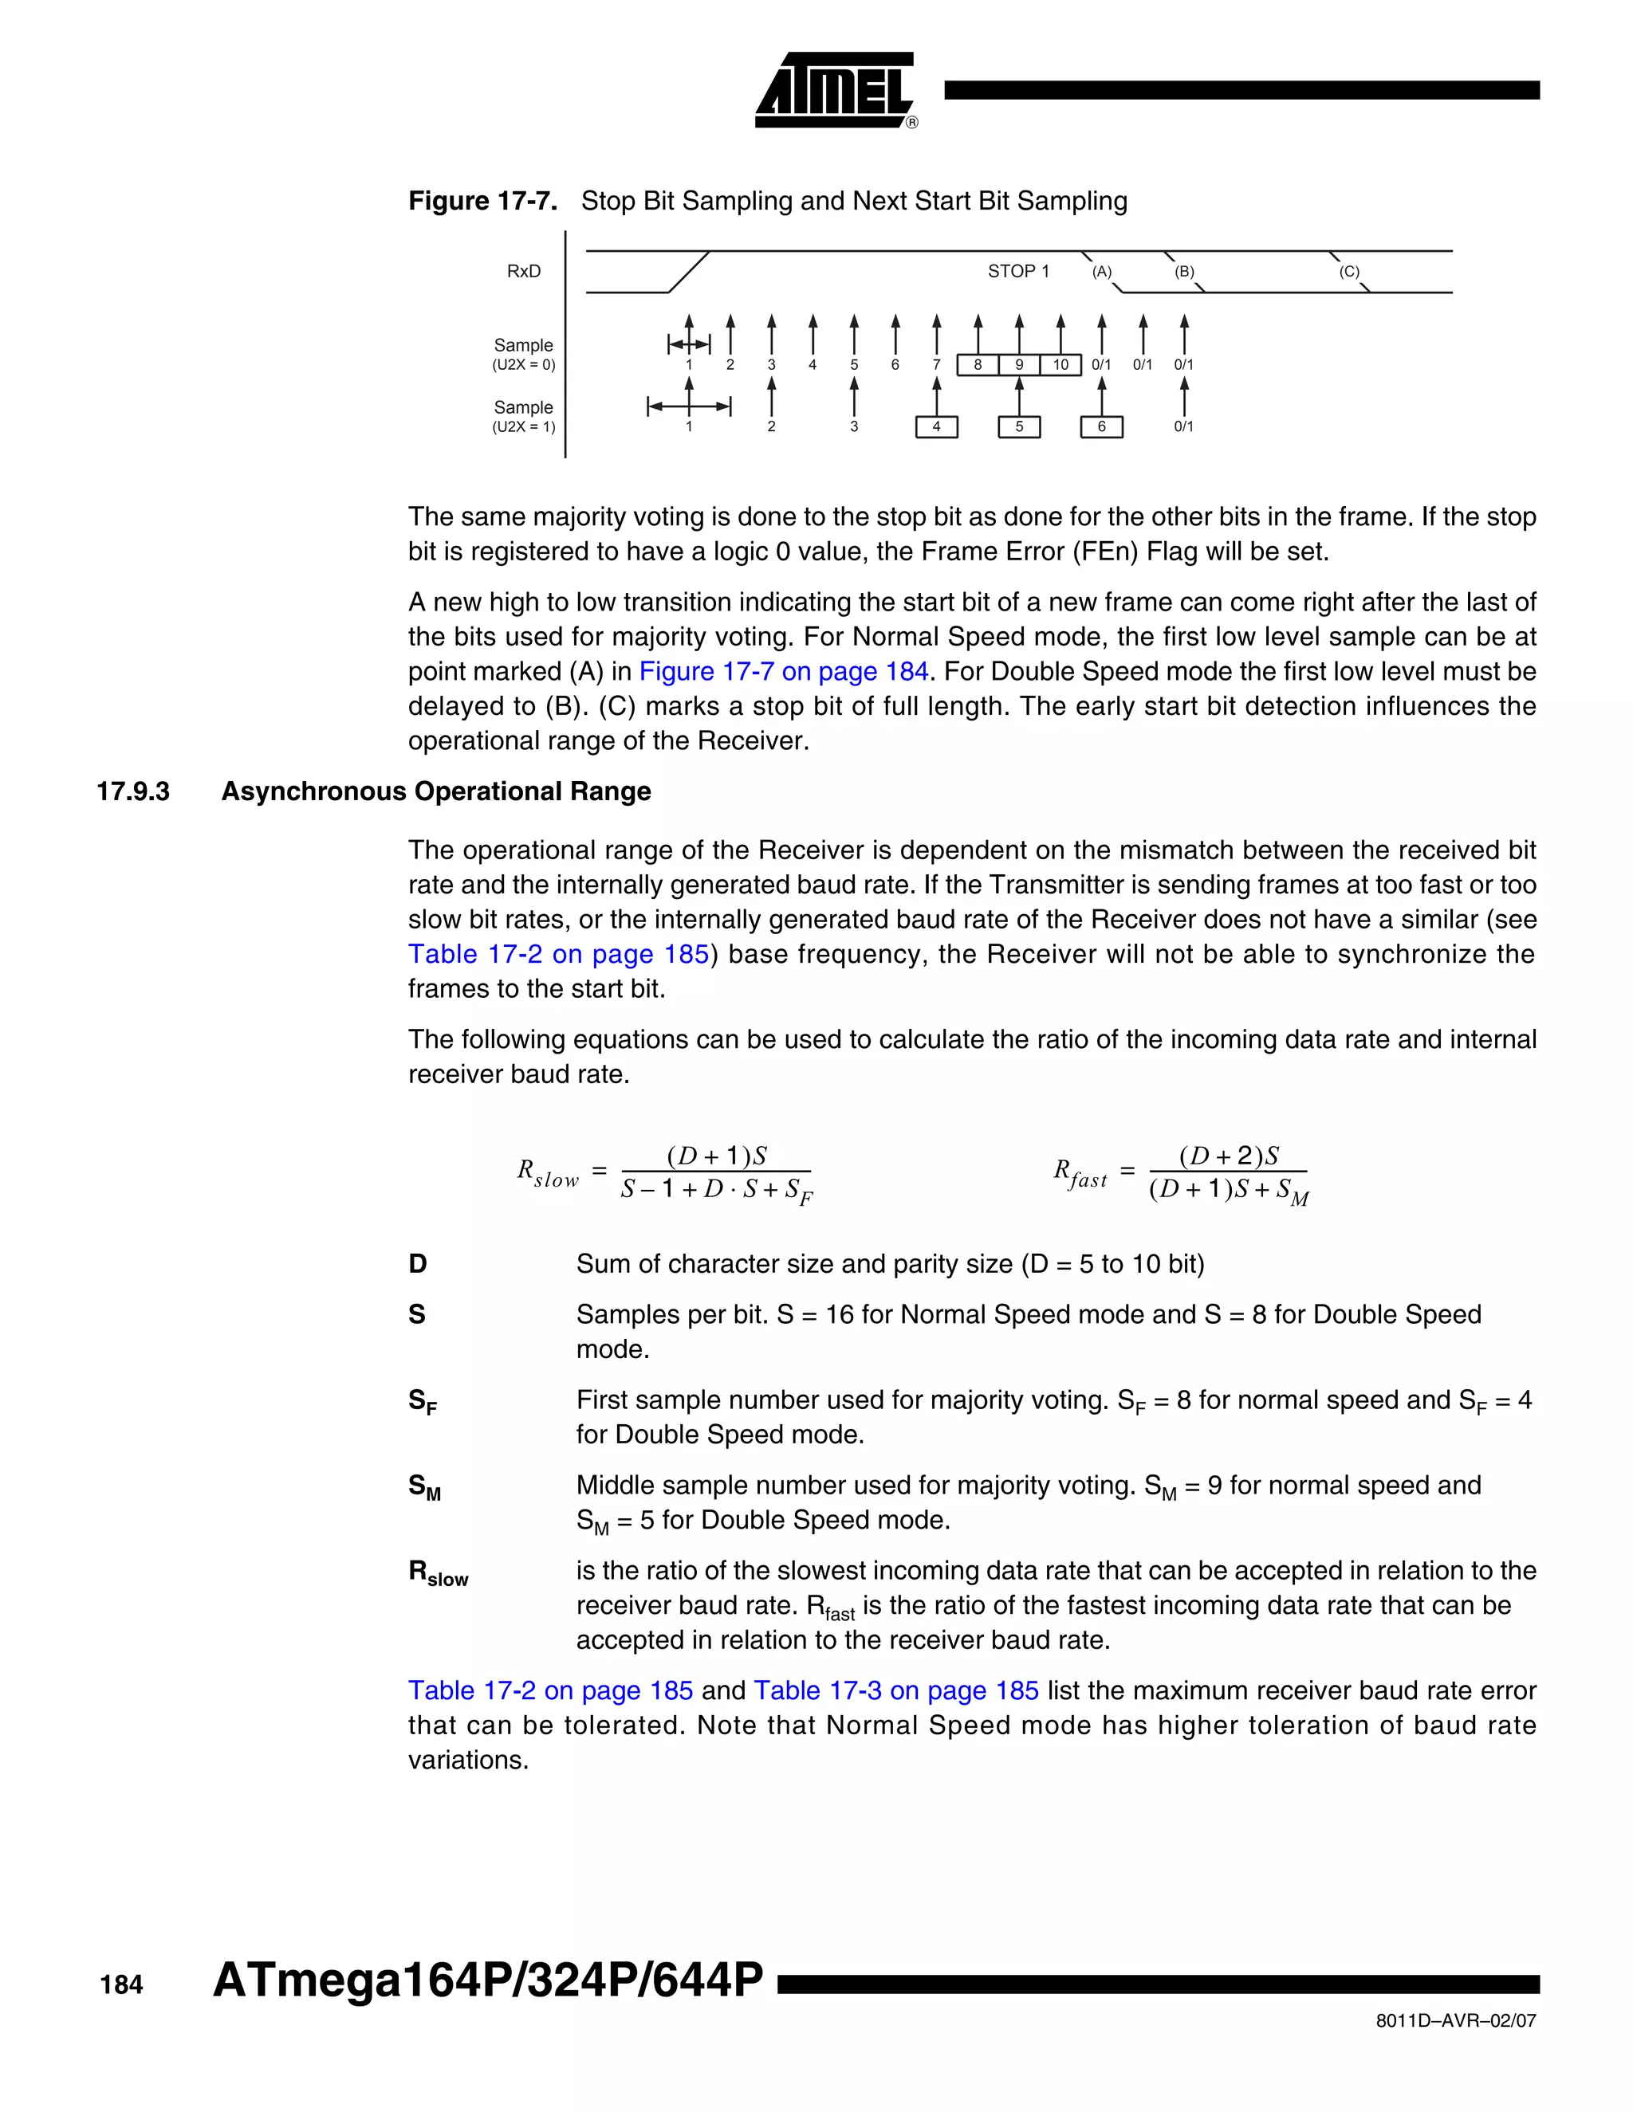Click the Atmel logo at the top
[x=834, y=90]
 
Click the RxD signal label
[x=523, y=272]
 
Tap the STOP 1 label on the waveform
[x=1017, y=272]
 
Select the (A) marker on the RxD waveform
[x=1102, y=273]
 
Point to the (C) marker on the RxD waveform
[x=1348, y=273]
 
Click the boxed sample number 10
[x=1060, y=364]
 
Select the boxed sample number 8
[x=978, y=364]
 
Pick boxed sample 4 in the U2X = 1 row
[x=935, y=426]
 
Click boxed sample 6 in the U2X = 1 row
[x=1101, y=426]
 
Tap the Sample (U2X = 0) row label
[x=523, y=354]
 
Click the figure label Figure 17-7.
[x=482, y=201]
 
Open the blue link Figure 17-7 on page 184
[x=784, y=671]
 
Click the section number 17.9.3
[x=132, y=791]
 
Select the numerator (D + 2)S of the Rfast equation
[x=1229, y=1156]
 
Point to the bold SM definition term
[x=423, y=1486]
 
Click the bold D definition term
[x=417, y=1264]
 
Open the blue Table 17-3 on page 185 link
[x=895, y=1690]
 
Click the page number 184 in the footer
[x=121, y=1985]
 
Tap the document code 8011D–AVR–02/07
[x=1455, y=2021]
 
